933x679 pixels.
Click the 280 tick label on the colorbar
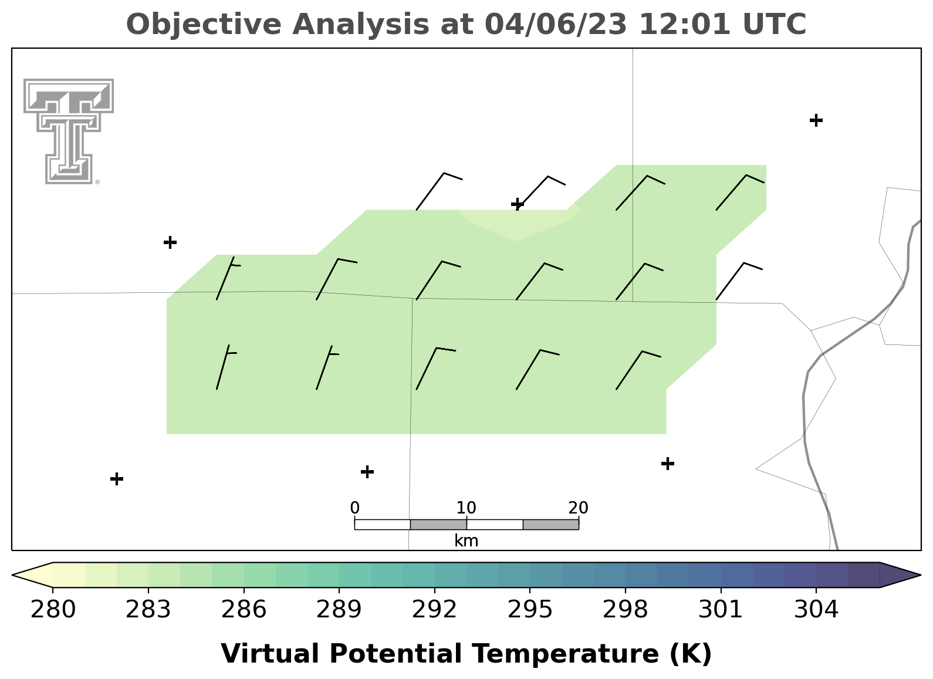point(53,610)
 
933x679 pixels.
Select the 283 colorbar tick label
point(148,610)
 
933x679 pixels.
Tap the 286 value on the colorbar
point(244,610)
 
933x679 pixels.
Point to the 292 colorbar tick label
point(434,610)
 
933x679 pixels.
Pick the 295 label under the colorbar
point(530,610)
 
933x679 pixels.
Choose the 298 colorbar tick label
point(625,610)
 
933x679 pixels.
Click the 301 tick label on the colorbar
point(721,610)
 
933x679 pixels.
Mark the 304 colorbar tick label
point(816,610)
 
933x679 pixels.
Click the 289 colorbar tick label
point(339,610)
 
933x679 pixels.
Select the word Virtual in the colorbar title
point(270,653)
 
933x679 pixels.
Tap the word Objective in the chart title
point(204,25)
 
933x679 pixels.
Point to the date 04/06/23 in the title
point(556,25)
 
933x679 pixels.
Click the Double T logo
point(69,131)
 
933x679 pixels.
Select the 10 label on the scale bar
point(466,508)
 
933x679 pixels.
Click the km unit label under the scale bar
point(466,541)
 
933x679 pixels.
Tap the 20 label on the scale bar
point(578,508)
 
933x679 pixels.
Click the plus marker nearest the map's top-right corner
point(816,120)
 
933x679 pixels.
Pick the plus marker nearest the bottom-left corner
point(117,479)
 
